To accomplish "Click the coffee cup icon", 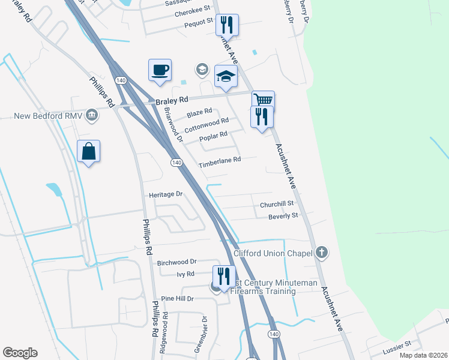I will pyautogui.click(x=160, y=70).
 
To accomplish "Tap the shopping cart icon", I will pyautogui.click(x=263, y=100).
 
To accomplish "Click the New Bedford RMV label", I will pyautogui.click(x=47, y=116).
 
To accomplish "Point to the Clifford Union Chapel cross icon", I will pyautogui.click(x=322, y=252).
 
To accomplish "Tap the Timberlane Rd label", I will pyautogui.click(x=220, y=160).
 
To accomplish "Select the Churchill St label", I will pyautogui.click(x=276, y=205).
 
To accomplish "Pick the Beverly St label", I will pyautogui.click(x=283, y=215).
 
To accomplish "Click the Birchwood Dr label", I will pyautogui.click(x=176, y=262).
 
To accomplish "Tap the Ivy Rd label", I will pyautogui.click(x=185, y=274).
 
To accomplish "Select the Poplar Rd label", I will pyautogui.click(x=213, y=136).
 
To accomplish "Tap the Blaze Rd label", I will pyautogui.click(x=199, y=112).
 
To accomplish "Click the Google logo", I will pyautogui.click(x=20, y=353).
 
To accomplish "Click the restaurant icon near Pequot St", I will pyautogui.click(x=227, y=25).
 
